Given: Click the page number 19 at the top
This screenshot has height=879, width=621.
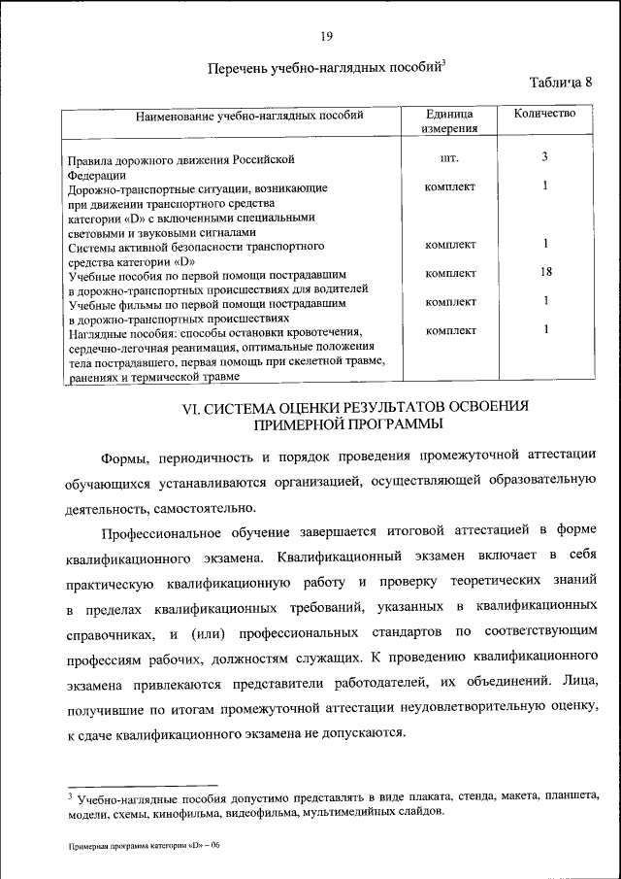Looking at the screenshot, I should (x=326, y=37).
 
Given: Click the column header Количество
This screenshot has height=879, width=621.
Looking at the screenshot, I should (x=544, y=114).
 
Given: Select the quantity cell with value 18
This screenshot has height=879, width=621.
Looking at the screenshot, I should (x=545, y=273).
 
